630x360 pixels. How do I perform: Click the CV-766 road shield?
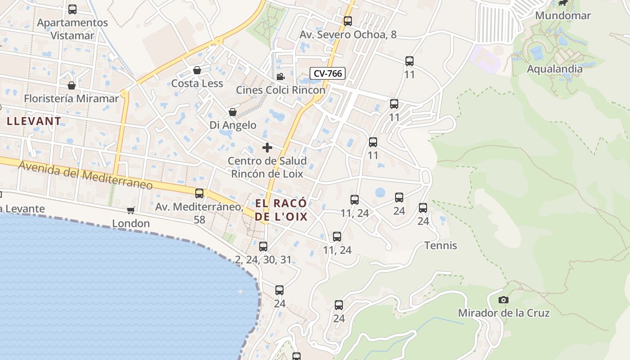pyautogui.click(x=327, y=73)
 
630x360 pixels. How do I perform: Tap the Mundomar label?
pyautogui.click(x=562, y=15)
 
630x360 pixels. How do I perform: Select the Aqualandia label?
pyautogui.click(x=554, y=69)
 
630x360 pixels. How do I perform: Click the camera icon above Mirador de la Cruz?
pyautogui.click(x=504, y=300)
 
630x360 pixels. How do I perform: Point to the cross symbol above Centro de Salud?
pyautogui.click(x=267, y=148)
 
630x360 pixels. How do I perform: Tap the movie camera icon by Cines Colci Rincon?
pyautogui.click(x=280, y=76)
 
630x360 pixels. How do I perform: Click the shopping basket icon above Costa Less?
pyautogui.click(x=197, y=70)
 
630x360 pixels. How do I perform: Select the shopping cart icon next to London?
pyautogui.click(x=131, y=210)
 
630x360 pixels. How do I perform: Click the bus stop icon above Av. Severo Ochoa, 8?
pyautogui.click(x=347, y=21)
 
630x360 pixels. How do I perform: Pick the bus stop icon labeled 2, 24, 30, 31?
pyautogui.click(x=263, y=247)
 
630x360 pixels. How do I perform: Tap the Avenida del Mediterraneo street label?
pyautogui.click(x=85, y=175)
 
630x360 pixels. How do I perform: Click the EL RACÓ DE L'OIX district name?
pyautogui.click(x=281, y=210)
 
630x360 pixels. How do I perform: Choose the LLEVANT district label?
pyautogui.click(x=34, y=121)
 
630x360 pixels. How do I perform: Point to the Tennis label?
pyautogui.click(x=441, y=246)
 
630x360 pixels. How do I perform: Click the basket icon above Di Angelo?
pyautogui.click(x=233, y=112)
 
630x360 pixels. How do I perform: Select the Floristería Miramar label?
pyautogui.click(x=72, y=99)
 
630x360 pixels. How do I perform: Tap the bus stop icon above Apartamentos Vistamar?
pyautogui.click(x=72, y=9)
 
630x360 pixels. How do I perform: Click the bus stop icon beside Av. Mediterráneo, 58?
pyautogui.click(x=199, y=193)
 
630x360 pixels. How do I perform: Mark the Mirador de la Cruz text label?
pyautogui.click(x=504, y=313)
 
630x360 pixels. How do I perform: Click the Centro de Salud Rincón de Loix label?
pyautogui.click(x=267, y=167)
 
